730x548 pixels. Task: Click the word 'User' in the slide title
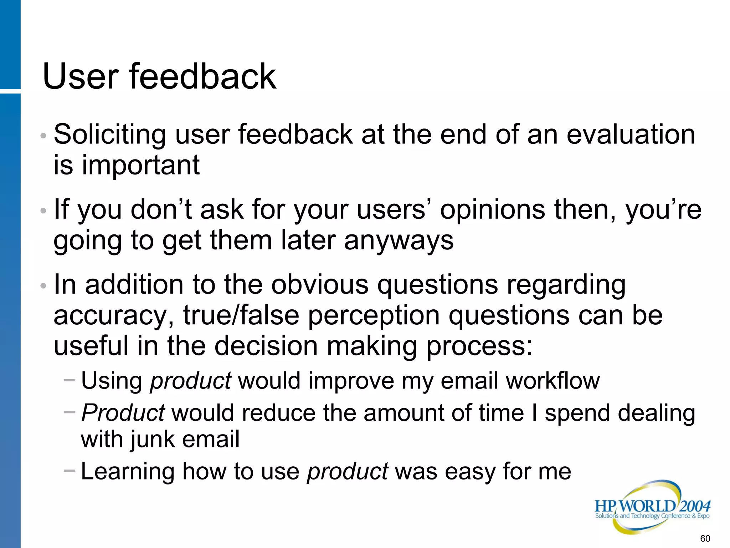pyautogui.click(x=80, y=76)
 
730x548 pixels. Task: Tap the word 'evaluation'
pyautogui.click(x=631, y=135)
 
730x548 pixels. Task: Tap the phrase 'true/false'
pyautogui.click(x=241, y=315)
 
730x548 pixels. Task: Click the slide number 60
pyautogui.click(x=705, y=538)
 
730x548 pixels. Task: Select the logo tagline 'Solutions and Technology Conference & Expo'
pyautogui.click(x=652, y=516)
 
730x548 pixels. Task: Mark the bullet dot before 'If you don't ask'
pyautogui.click(x=43, y=211)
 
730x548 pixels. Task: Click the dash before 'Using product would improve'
pyautogui.click(x=69, y=380)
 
